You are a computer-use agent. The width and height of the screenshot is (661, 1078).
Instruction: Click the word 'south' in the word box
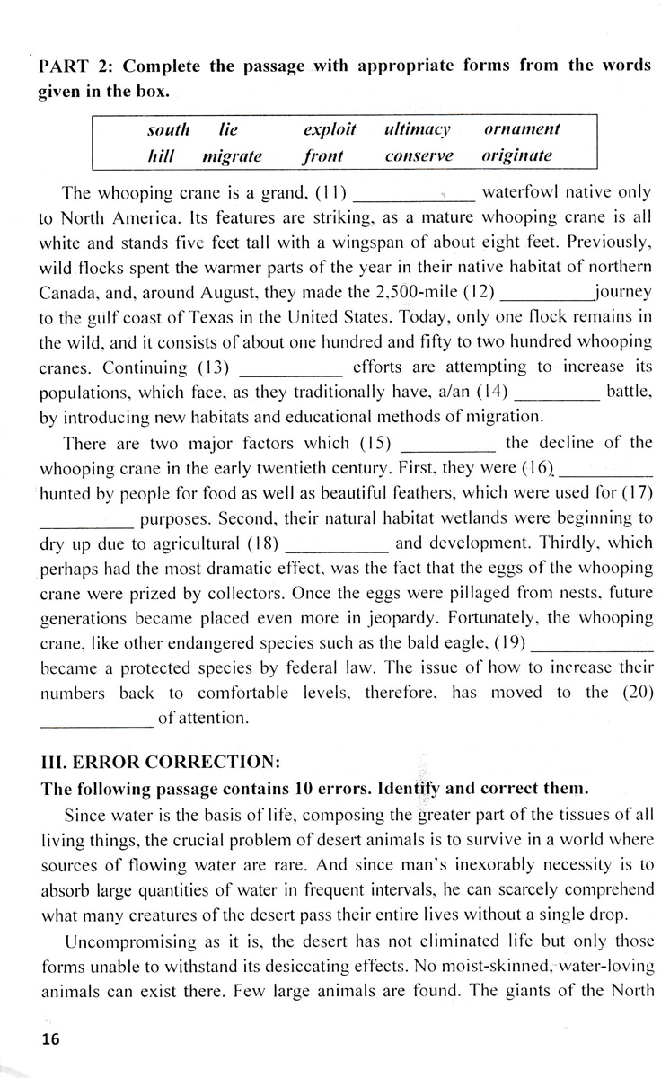(168, 129)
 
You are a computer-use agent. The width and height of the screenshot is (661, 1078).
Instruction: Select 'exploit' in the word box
(330, 129)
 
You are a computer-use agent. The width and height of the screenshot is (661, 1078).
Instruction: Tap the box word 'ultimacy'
(417, 129)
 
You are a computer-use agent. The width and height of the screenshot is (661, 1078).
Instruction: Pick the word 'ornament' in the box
(522, 129)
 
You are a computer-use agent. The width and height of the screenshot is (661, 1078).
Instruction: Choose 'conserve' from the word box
(419, 156)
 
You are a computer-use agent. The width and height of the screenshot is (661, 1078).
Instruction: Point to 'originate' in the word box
(516, 156)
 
